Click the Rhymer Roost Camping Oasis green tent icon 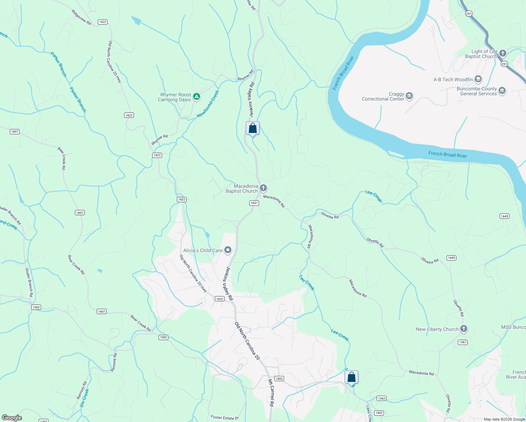[x=197, y=96]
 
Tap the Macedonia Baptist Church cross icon [x=263, y=188]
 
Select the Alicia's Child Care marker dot [x=228, y=250]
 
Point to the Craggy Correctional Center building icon [x=409, y=96]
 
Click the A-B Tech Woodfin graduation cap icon [x=478, y=79]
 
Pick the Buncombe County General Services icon [x=502, y=91]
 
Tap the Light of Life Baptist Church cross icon [x=503, y=53]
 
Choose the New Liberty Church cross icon [x=464, y=329]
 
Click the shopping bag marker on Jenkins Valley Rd [x=252, y=129]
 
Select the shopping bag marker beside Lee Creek [x=351, y=378]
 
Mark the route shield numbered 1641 [x=254, y=203]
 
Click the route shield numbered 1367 [x=463, y=342]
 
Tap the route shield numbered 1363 [x=381, y=398]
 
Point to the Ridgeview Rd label [x=81, y=17]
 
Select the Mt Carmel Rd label [x=271, y=393]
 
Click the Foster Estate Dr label [x=225, y=417]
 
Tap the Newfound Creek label [x=208, y=104]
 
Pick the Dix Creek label [x=84, y=398]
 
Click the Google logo [x=12, y=418]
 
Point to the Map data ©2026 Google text [x=504, y=419]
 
